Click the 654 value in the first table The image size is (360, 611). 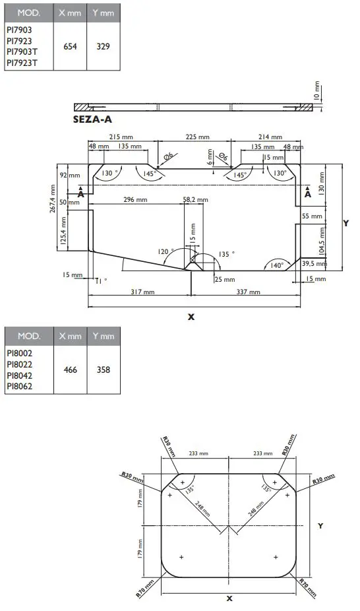click(69, 47)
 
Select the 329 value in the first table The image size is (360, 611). click(103, 47)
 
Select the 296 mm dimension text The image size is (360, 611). click(134, 199)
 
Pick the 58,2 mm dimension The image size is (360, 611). click(195, 199)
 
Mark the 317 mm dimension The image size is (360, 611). click(142, 291)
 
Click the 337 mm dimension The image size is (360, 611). click(247, 291)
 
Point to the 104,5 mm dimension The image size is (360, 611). click(322, 241)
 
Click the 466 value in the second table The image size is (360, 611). click(69, 370)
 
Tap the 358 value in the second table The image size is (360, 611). click(103, 370)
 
